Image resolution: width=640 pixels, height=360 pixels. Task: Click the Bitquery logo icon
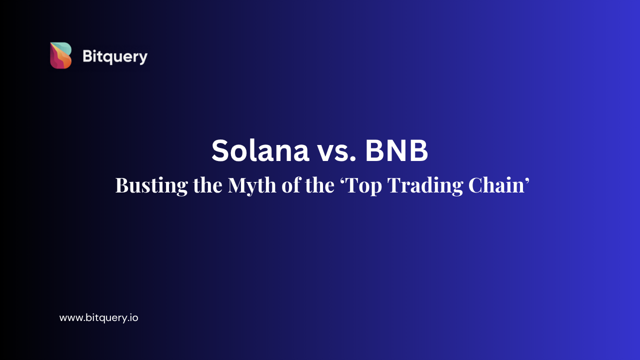[x=60, y=55]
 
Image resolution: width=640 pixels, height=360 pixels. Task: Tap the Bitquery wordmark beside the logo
[x=115, y=56]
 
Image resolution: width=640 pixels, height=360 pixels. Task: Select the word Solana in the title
[x=260, y=150]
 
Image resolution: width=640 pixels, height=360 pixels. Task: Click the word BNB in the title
[x=396, y=150]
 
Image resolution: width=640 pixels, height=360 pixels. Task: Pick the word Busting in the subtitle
[x=144, y=185]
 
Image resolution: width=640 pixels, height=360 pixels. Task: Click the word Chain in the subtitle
[x=495, y=185]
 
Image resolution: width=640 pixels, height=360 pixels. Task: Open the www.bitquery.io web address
[x=98, y=317]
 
